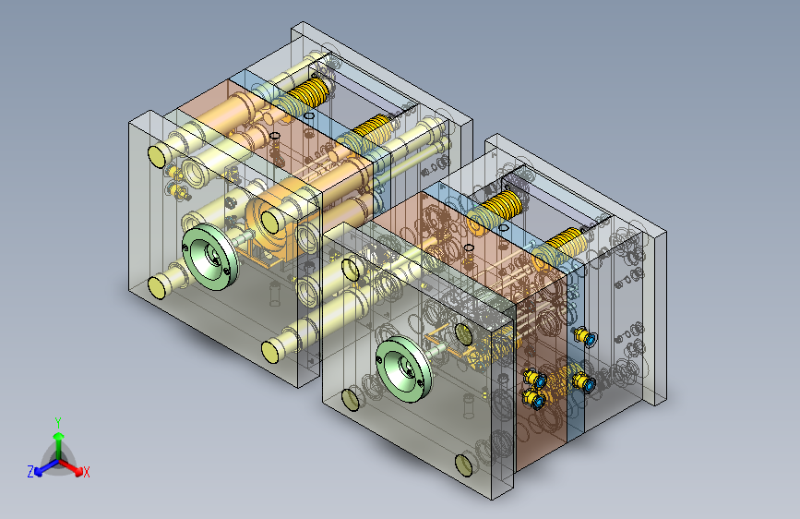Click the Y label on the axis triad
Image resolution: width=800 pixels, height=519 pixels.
click(58, 422)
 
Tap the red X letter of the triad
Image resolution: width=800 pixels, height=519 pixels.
click(86, 472)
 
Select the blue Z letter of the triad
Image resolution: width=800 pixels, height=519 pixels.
click(30, 472)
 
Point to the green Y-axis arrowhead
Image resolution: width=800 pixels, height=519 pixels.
click(59, 436)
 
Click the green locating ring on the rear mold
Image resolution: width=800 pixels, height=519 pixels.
click(210, 257)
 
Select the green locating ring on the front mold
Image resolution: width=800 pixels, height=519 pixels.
click(404, 368)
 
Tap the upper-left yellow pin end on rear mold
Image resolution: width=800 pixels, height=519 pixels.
click(157, 156)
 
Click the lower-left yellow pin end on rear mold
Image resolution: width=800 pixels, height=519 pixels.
click(157, 287)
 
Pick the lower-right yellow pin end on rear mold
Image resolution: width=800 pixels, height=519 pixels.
click(270, 352)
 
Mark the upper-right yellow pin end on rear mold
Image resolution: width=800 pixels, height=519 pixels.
click(270, 221)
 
